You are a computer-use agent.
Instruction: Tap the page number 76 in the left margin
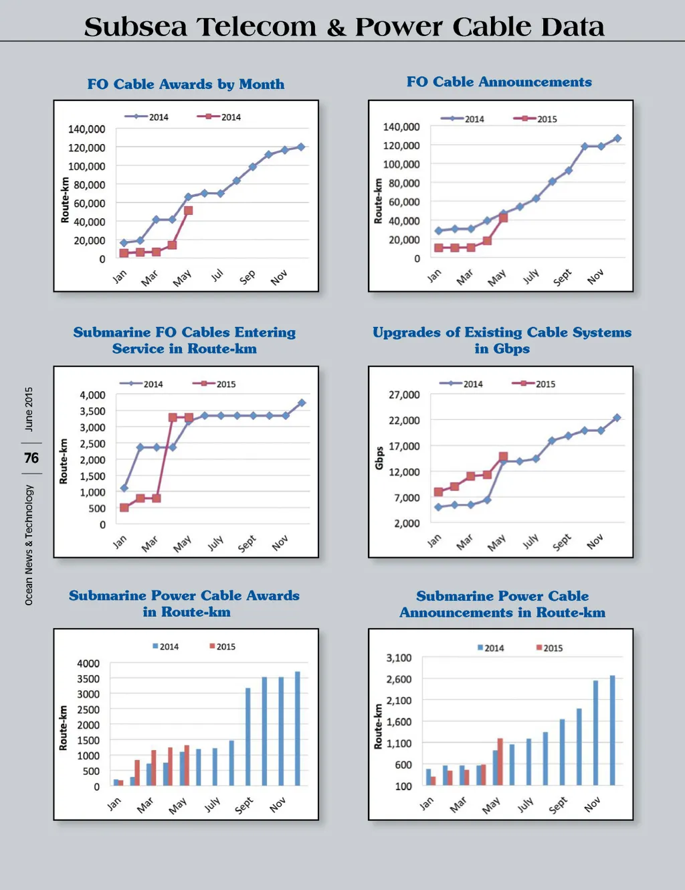(x=31, y=458)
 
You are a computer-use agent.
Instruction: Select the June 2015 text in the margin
(x=29, y=409)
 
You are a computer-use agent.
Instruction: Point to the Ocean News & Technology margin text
(x=29, y=545)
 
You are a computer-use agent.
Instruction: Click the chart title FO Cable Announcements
(x=499, y=82)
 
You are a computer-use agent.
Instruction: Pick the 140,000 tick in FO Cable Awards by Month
(x=86, y=129)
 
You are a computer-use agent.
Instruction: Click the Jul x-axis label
(x=217, y=275)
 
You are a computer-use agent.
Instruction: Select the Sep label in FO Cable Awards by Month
(x=248, y=277)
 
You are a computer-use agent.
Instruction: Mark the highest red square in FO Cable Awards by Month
(x=189, y=210)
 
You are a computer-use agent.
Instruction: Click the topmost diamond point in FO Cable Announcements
(x=617, y=139)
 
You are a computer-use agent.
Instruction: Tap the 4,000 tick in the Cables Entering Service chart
(x=92, y=395)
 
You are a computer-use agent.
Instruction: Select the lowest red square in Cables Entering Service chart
(x=124, y=508)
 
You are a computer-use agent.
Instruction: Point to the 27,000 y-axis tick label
(x=404, y=395)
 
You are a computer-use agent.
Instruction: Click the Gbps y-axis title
(x=379, y=458)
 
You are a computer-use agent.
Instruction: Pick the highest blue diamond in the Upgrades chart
(x=617, y=418)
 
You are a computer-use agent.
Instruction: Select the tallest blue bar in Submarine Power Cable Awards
(x=298, y=729)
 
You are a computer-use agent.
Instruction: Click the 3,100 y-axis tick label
(x=399, y=658)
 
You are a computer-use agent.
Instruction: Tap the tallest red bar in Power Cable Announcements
(x=500, y=761)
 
